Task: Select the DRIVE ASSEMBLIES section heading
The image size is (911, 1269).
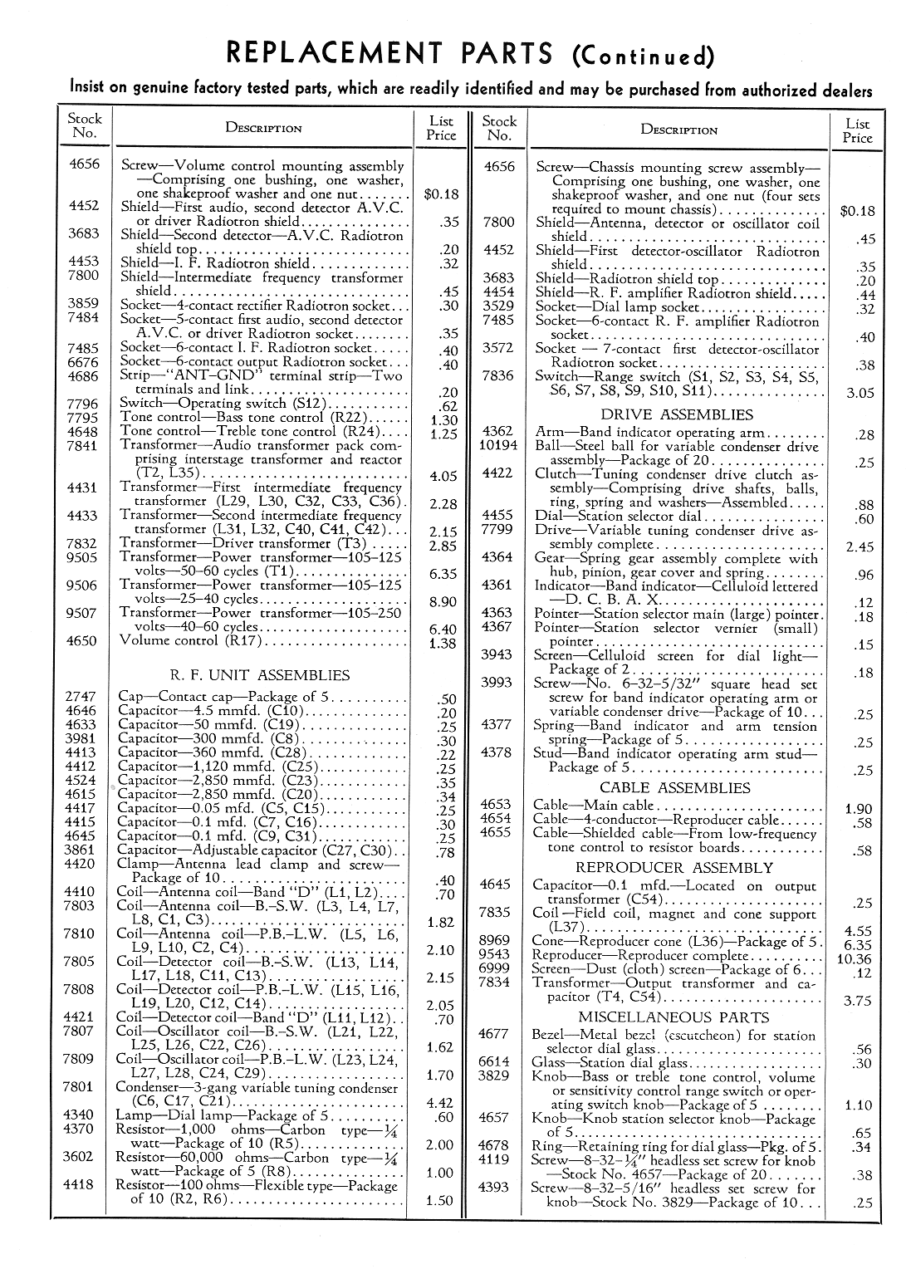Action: point(677,414)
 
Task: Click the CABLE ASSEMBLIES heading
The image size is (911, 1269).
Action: point(674,787)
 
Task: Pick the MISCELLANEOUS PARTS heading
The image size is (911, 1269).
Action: point(673,1017)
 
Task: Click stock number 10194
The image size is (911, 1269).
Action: point(498,445)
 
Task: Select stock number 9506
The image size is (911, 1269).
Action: point(82,586)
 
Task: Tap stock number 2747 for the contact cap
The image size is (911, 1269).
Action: point(81,697)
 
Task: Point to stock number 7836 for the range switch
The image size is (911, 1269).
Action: point(498,376)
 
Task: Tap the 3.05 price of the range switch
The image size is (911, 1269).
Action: point(860,394)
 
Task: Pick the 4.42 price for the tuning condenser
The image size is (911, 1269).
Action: point(440,1103)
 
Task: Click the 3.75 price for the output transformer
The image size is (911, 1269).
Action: point(858,1002)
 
